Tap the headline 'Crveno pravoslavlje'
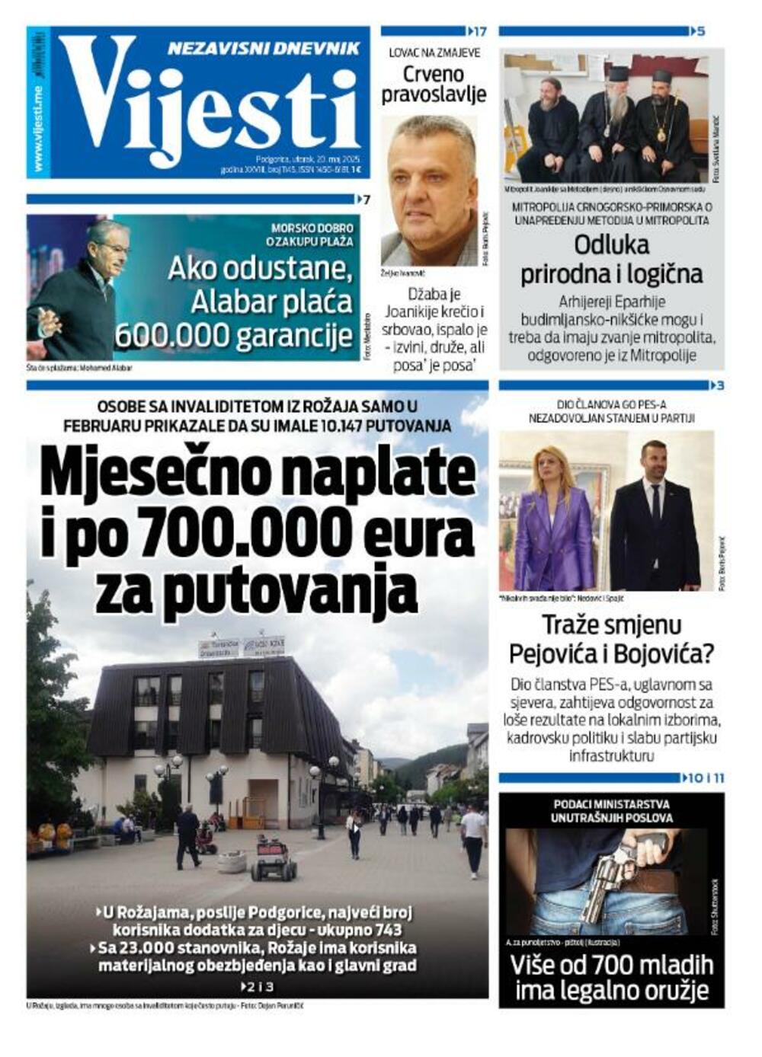433,84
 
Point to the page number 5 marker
700,31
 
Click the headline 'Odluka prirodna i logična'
611,259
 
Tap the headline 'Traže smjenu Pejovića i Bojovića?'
611,640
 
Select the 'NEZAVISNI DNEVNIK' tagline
263,48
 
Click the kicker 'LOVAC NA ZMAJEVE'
434,53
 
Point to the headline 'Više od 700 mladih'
611,965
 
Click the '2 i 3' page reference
258,986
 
